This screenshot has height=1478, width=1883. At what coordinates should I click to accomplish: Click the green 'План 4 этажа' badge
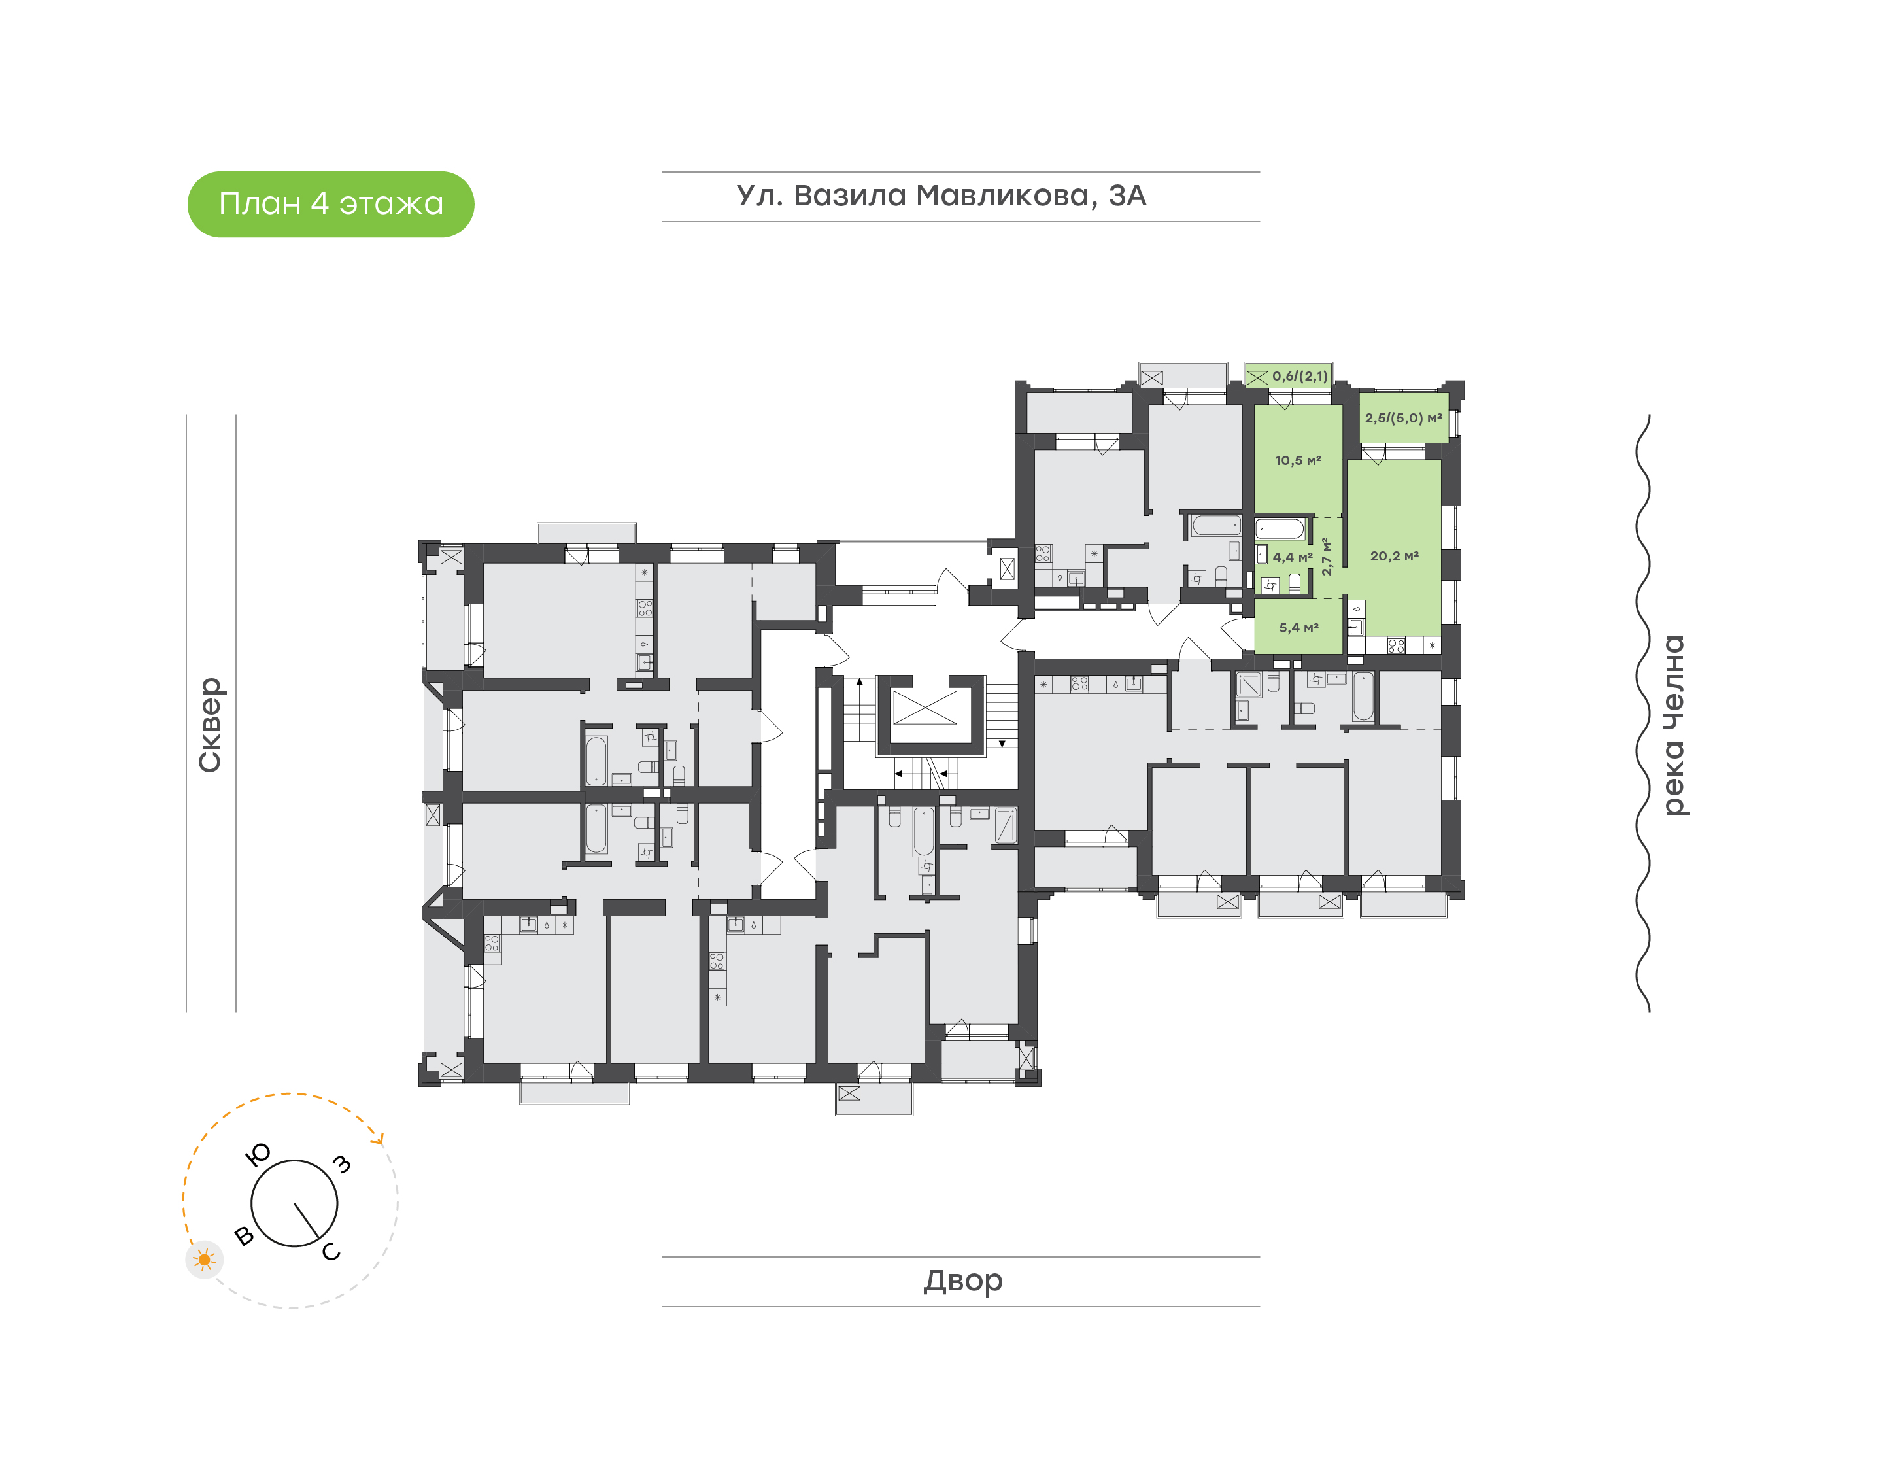click(x=330, y=204)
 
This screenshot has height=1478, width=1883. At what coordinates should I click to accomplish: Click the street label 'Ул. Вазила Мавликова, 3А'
click(x=941, y=196)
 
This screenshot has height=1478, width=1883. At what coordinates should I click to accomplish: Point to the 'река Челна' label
click(x=1674, y=725)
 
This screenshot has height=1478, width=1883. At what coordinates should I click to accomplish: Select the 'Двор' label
click(x=962, y=1280)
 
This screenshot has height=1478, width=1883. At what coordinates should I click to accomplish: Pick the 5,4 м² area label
click(x=1299, y=627)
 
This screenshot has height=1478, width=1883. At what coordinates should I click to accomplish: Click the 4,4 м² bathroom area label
click(x=1292, y=557)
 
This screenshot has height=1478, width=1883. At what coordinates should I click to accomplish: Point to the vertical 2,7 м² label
click(x=1327, y=557)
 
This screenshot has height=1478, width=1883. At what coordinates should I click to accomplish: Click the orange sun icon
click(x=204, y=1259)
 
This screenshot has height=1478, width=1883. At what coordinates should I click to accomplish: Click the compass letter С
click(x=331, y=1251)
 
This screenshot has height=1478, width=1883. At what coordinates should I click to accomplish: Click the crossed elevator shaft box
click(x=925, y=707)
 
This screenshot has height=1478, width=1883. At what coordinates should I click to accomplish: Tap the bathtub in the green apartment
click(x=1280, y=528)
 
